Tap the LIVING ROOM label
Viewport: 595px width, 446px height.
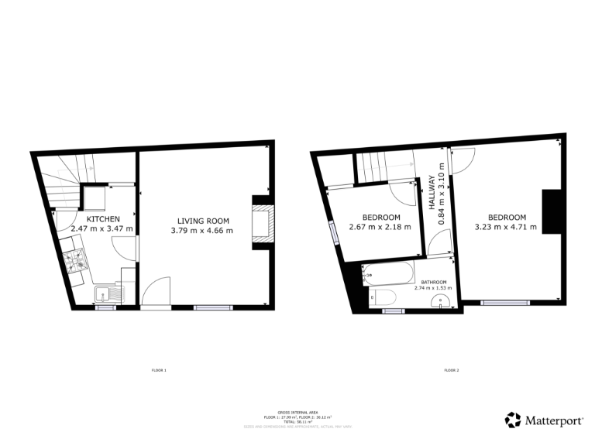click(201, 219)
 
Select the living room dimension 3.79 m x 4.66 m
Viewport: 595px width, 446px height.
click(201, 229)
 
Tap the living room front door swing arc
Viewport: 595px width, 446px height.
click(153, 290)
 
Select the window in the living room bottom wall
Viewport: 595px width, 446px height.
click(212, 307)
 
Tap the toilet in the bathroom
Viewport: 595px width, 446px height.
click(383, 297)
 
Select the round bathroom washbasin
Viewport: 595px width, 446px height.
click(442, 304)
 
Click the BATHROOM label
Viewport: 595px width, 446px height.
click(434, 282)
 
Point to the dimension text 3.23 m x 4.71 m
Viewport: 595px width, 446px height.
click(506, 227)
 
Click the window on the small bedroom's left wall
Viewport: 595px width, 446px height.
click(332, 233)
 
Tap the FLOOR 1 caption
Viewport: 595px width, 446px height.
click(159, 371)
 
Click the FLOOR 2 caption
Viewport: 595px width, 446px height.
click(452, 371)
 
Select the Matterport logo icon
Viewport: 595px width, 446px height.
click(513, 420)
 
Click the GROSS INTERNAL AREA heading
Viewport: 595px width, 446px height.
click(297, 413)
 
